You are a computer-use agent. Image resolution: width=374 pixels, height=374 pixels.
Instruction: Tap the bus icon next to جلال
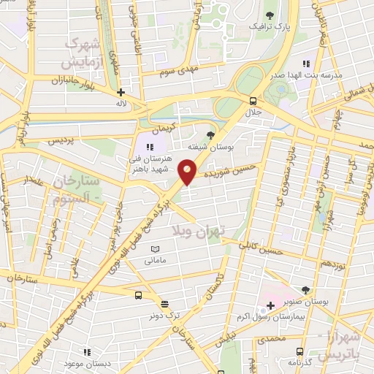pos(253,101)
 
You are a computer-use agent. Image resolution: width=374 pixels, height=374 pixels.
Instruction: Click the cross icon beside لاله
pos(121,93)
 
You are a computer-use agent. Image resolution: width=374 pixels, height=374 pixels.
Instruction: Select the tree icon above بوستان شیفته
pos(211,134)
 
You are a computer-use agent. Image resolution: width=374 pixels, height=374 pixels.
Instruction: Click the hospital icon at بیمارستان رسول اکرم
pos(270,304)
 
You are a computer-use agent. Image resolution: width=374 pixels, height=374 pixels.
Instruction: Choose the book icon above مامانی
pos(153,249)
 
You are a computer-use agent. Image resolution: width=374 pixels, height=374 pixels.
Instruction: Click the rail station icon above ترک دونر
pos(164,304)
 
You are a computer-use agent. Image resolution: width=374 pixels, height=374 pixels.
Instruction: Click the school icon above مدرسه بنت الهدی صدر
pos(306,64)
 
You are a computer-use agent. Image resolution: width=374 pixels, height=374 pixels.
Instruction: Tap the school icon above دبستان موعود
pos(87,351)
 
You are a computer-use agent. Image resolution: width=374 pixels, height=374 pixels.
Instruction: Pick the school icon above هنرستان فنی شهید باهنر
pos(150,146)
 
